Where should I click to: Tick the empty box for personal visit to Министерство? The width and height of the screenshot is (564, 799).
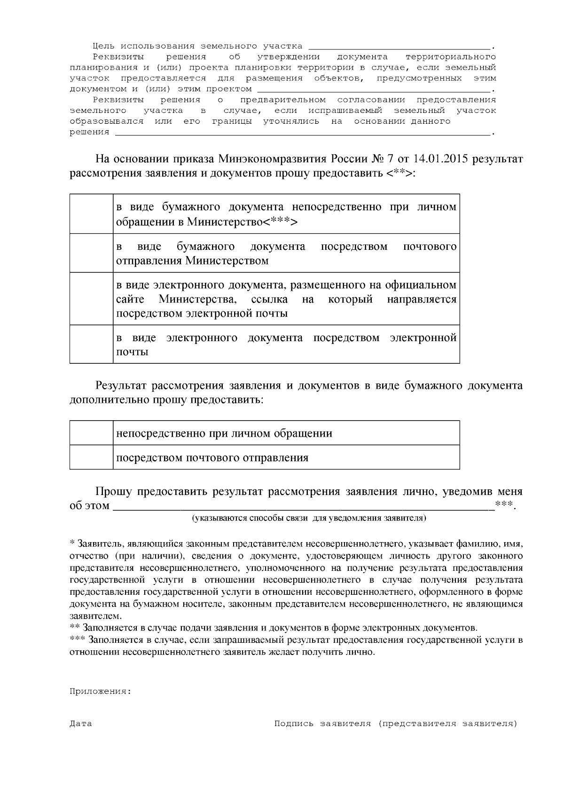pyautogui.click(x=91, y=214)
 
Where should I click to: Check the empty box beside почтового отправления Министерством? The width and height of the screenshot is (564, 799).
pyautogui.click(x=91, y=253)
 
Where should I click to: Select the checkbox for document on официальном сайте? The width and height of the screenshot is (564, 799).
pyautogui.click(x=91, y=298)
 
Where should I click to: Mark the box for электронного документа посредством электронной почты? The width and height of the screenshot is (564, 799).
pyautogui.click(x=91, y=344)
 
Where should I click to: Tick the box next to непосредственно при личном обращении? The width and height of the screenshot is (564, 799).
pyautogui.click(x=91, y=433)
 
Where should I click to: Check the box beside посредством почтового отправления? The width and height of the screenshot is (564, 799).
pyautogui.click(x=91, y=457)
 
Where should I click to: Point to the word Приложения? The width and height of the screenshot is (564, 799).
pyautogui.click(x=100, y=691)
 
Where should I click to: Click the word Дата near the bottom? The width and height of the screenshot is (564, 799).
pyautogui.click(x=81, y=724)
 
